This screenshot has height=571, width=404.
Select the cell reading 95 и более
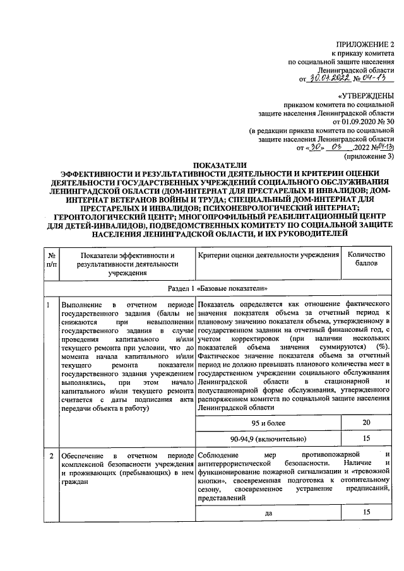(268, 423)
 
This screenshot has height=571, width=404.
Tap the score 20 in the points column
(367, 423)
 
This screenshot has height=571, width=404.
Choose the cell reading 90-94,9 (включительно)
(268, 439)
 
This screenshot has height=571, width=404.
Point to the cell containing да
(268, 513)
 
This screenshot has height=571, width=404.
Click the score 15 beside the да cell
(367, 512)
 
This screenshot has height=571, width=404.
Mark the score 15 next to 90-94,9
(367, 439)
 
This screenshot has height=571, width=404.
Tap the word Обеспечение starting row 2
(83, 456)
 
